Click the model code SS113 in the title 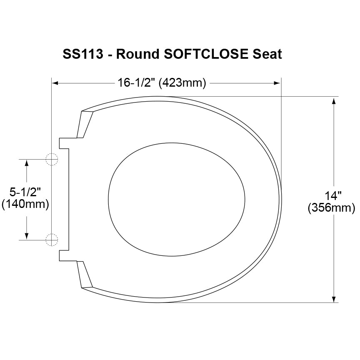tap(82, 54)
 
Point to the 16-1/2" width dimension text tap(137, 83)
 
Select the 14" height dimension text tap(333, 195)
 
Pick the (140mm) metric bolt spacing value tap(25, 205)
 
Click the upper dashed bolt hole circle tap(51, 160)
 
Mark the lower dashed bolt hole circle tap(51, 240)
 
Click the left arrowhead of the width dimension tap(55, 83)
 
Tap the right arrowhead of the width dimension tap(277, 83)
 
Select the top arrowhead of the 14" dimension tap(334, 100)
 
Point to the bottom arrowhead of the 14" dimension tap(334, 298)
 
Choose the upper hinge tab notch tap(64, 142)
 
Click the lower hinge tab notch tap(64, 256)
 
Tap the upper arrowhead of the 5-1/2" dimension tap(27, 163)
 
